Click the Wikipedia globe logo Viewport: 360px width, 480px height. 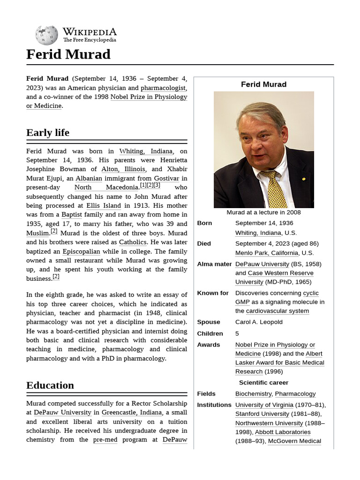pyautogui.click(x=46, y=35)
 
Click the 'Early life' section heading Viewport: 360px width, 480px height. pyautogui.click(x=48, y=133)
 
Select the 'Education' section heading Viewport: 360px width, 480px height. pyautogui.click(x=50, y=385)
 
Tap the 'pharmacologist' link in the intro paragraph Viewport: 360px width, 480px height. pyautogui.click(x=164, y=88)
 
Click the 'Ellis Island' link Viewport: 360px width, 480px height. pyautogui.click(x=104, y=205)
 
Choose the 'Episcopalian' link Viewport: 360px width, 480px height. pyautogui.click(x=81, y=251)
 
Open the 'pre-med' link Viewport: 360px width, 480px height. pyautogui.click(x=105, y=440)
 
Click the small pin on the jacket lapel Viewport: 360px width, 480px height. pyautogui.click(x=304, y=179)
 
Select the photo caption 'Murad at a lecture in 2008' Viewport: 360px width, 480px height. pyautogui.click(x=263, y=212)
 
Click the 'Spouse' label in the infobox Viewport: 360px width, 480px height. pyautogui.click(x=209, y=322)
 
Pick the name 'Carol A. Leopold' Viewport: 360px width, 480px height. pyautogui.click(x=259, y=322)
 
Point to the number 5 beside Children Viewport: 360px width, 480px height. pyautogui.click(x=237, y=333)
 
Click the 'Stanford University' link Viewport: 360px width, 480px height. pyautogui.click(x=262, y=414)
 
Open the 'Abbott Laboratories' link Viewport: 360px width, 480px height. pyautogui.click(x=283, y=432)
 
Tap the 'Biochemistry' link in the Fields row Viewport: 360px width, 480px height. pyautogui.click(x=253, y=394)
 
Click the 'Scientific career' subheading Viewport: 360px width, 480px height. pyautogui.click(x=263, y=382)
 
